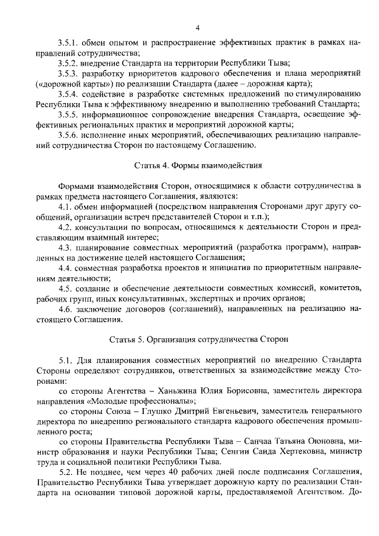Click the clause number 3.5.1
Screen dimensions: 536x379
[x=69, y=44]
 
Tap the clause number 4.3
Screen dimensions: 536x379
[x=65, y=246]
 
